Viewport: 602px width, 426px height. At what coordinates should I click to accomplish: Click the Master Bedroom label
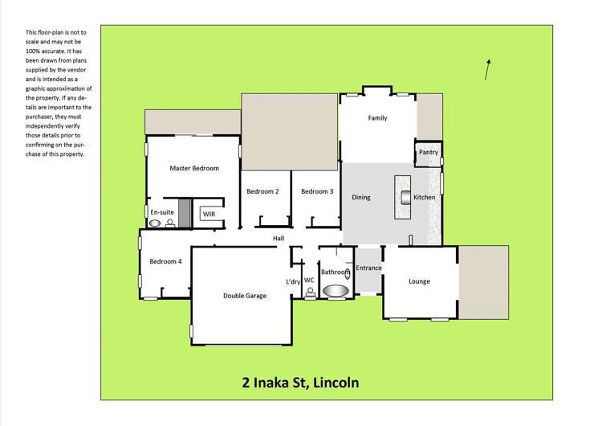pyautogui.click(x=194, y=168)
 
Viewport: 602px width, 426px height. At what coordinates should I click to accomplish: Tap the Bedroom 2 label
pyautogui.click(x=262, y=191)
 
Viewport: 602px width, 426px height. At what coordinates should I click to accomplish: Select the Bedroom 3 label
pyautogui.click(x=317, y=191)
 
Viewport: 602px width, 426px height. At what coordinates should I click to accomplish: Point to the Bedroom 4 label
pyautogui.click(x=165, y=261)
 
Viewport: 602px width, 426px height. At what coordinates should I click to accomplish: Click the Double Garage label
pyautogui.click(x=244, y=296)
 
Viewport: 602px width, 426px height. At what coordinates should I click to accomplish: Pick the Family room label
pyautogui.click(x=377, y=118)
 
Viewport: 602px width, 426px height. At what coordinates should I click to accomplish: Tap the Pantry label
pyautogui.click(x=428, y=152)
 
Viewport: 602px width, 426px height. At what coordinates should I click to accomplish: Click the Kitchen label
pyautogui.click(x=424, y=197)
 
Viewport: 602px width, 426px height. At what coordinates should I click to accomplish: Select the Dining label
pyautogui.click(x=361, y=197)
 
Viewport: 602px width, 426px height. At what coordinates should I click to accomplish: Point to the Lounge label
pyautogui.click(x=419, y=281)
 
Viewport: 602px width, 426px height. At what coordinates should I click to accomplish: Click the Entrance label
pyautogui.click(x=368, y=268)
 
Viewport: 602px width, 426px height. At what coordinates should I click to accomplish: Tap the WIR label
pyautogui.click(x=209, y=214)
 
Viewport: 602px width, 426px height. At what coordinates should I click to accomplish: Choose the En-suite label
pyautogui.click(x=162, y=211)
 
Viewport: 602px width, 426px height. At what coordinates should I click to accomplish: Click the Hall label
pyautogui.click(x=279, y=239)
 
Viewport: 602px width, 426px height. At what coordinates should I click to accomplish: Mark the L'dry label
pyautogui.click(x=293, y=281)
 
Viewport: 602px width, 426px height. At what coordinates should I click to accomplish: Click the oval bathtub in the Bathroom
pyautogui.click(x=336, y=291)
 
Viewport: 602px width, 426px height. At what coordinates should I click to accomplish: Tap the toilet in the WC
pyautogui.click(x=310, y=293)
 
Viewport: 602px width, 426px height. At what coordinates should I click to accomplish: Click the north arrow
pyautogui.click(x=487, y=70)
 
